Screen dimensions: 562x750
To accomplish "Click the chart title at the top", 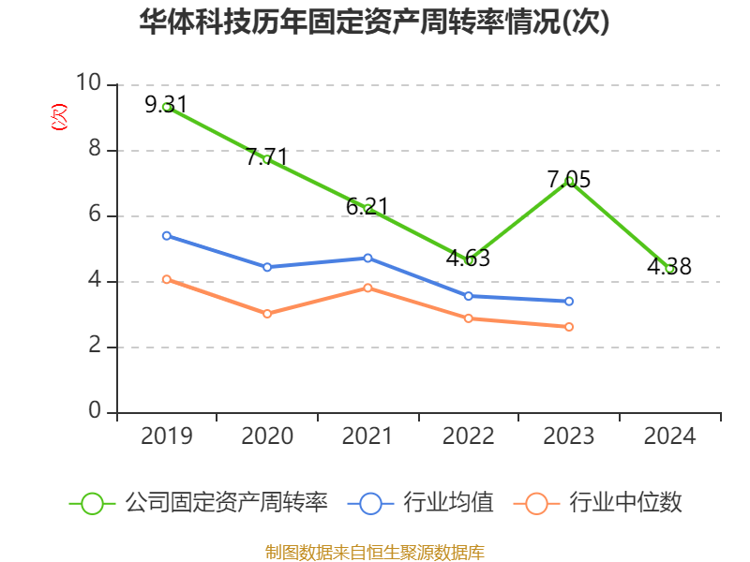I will pos(374,22).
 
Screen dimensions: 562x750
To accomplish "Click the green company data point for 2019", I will pos(167,108).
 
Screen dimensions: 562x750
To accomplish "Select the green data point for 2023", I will pos(569,181).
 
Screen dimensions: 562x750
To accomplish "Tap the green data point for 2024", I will pos(669,269).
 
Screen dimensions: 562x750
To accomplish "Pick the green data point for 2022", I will pos(469,260).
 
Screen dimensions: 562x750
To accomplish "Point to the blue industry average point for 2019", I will pos(167,236).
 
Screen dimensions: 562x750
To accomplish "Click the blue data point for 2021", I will pos(367,258).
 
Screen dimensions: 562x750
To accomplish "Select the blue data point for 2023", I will pos(569,302).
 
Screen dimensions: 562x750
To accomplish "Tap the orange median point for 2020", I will pos(267,314).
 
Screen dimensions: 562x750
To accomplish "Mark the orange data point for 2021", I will pos(367,288).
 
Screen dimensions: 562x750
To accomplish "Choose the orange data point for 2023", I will pos(569,327).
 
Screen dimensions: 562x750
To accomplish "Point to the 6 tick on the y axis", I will pos(95,215).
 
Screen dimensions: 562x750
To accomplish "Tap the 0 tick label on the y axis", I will pos(95,412).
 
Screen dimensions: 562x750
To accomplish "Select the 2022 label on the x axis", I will pos(469,436).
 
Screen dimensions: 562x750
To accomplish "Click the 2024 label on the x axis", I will pos(669,436).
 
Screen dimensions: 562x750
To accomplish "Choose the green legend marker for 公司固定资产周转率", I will pos(92,503).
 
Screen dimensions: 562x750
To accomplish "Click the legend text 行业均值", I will pos(448,503).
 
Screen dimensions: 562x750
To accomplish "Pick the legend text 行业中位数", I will pos(626,503).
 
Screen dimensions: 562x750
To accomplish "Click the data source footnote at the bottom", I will pos(374,552).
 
